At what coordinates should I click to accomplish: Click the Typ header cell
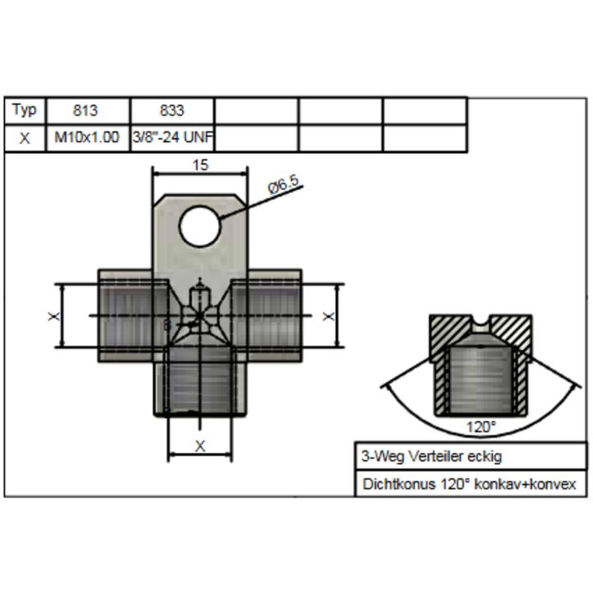coord(25,110)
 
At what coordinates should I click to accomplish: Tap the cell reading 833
coord(172,110)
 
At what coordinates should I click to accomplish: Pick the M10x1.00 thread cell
coord(88,138)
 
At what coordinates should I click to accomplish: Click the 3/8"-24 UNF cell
coord(172,138)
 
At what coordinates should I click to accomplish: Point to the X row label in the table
coord(25,138)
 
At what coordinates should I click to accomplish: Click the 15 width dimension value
coord(200,166)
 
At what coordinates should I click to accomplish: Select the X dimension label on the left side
coord(54,315)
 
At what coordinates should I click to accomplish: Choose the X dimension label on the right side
coord(329,315)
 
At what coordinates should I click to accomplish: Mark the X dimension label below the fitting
coord(200,446)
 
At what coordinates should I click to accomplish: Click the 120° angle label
coord(481,427)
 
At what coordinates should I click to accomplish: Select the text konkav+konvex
coord(525,484)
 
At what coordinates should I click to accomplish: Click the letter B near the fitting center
coord(166,325)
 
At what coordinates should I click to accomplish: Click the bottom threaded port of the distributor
coord(200,381)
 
